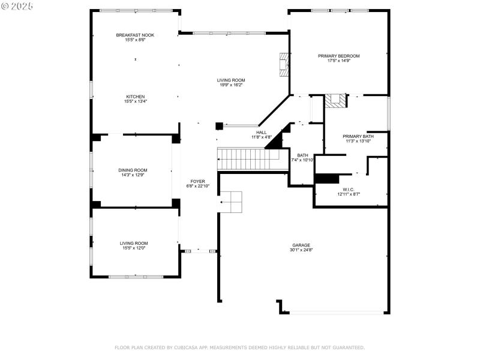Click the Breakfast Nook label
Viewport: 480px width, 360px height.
click(135, 35)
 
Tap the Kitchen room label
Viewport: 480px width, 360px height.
click(135, 97)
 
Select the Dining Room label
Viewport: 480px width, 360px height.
click(133, 170)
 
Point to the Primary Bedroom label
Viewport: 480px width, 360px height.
click(338, 56)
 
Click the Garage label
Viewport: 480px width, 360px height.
click(301, 245)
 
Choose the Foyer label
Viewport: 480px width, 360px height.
click(197, 181)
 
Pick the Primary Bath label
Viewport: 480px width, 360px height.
click(358, 136)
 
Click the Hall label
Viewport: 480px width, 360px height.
click(262, 133)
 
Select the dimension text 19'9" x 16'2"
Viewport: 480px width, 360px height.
click(231, 85)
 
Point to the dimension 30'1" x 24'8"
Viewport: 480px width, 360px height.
click(301, 250)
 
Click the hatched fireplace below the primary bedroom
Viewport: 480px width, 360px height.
click(336, 101)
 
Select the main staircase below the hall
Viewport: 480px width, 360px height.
click(248, 159)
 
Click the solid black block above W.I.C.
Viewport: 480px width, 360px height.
click(327, 179)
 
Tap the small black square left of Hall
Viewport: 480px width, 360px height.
click(219, 126)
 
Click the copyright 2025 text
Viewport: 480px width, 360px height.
click(17, 5)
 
